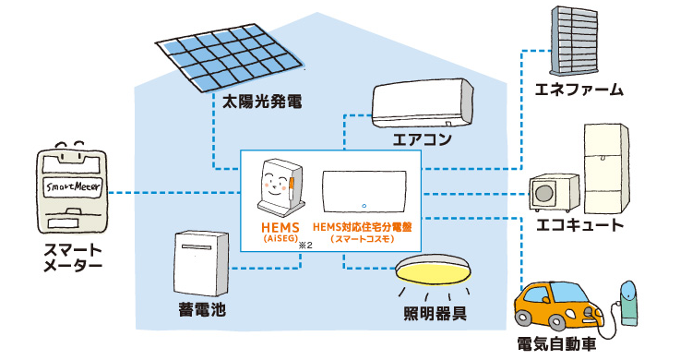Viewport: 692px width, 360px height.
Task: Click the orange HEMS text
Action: tap(276, 225)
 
